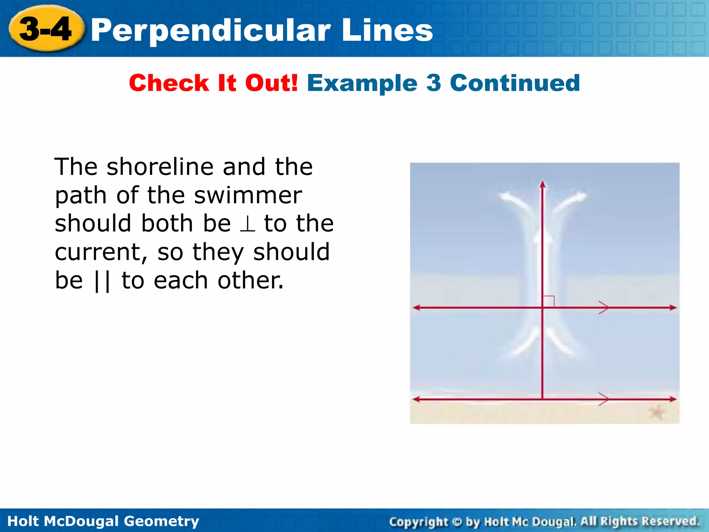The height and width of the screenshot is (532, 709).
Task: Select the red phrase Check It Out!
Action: [x=213, y=83]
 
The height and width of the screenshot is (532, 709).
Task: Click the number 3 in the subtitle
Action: [x=433, y=83]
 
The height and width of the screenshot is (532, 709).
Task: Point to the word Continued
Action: [x=515, y=83]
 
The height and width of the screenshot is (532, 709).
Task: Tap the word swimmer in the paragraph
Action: [x=248, y=196]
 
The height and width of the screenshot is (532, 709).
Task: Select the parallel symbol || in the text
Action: [x=102, y=281]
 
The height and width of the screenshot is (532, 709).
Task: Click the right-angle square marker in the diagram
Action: [x=548, y=301]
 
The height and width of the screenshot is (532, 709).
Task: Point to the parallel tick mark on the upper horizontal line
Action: [x=603, y=307]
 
